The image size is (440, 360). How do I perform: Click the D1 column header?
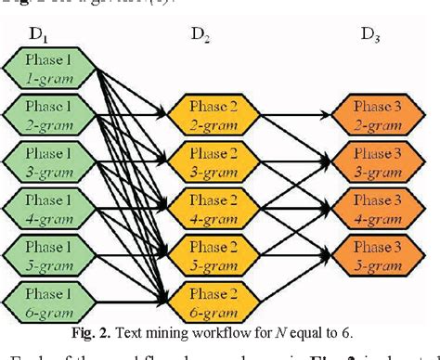point(38,34)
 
